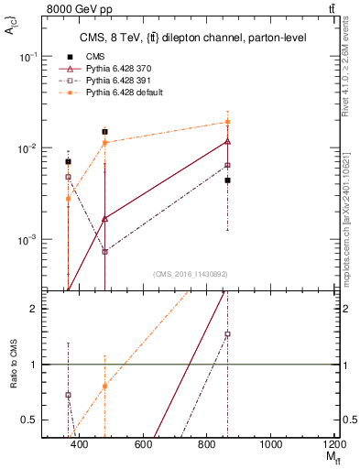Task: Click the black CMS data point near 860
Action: point(227,180)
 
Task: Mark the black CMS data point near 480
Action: point(105,132)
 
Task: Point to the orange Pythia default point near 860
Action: point(227,122)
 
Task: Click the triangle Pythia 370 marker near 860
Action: point(227,141)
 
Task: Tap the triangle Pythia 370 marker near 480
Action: point(105,218)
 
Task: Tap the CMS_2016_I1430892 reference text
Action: point(190,274)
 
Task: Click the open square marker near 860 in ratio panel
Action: point(227,334)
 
